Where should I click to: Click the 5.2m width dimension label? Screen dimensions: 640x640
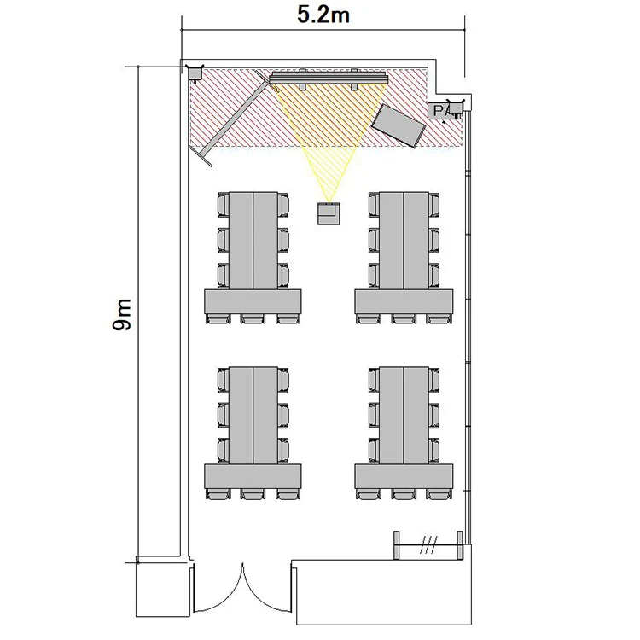[x=323, y=15]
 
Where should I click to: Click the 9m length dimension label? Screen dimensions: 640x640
[x=122, y=314]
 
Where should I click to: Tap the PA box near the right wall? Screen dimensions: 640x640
[x=440, y=111]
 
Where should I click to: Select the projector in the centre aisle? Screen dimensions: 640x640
[x=329, y=213]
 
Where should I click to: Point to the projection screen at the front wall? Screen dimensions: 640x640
[x=329, y=78]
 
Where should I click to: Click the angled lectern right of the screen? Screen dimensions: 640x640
[x=399, y=125]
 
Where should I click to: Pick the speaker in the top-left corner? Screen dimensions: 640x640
[x=195, y=73]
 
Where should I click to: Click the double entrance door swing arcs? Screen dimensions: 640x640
[x=242, y=588]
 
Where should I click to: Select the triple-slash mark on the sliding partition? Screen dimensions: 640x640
[x=428, y=545]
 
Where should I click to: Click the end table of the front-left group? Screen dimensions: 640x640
[x=253, y=301]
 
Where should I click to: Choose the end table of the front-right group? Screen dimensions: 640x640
[x=404, y=301]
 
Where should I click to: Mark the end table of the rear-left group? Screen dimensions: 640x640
[x=253, y=476]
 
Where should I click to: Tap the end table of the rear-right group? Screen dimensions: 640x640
[x=404, y=476]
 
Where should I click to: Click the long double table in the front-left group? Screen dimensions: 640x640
[x=253, y=241]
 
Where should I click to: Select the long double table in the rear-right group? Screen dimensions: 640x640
[x=404, y=415]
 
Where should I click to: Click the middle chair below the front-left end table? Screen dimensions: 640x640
[x=253, y=319]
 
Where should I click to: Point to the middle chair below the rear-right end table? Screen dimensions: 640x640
[x=404, y=494]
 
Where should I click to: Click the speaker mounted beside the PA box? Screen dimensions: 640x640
[x=456, y=108]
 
